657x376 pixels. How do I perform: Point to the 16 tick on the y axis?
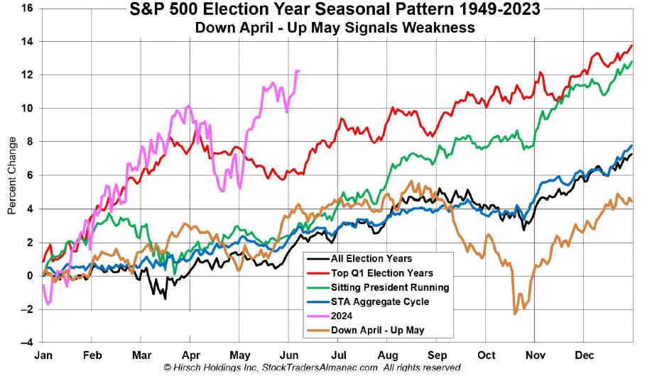27,9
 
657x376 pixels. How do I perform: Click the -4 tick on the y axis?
27,343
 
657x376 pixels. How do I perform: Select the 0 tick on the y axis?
30,276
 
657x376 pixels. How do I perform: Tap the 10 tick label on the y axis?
27,109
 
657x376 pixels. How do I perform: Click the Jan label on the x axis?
44,354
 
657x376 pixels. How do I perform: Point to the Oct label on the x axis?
487,354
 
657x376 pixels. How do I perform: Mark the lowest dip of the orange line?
515,313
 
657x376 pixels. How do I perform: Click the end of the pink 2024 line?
298,71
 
